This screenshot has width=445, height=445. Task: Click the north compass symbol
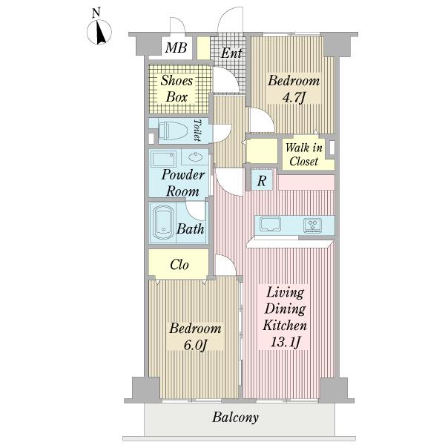coord(99,32)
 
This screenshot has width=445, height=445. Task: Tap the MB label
coord(176,47)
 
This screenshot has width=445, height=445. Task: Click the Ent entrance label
coord(231,53)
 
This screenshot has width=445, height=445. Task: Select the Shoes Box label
coord(177,89)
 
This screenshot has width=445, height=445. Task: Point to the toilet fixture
coord(173,131)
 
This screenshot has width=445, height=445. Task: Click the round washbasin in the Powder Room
coord(195,156)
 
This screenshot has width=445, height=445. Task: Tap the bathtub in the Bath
coord(163,222)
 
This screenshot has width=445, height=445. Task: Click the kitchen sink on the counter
coord(270,224)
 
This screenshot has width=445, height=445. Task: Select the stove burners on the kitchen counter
coord(312,225)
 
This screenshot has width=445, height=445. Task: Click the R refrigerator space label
coord(262,180)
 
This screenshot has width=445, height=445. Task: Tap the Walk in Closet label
coord(303,155)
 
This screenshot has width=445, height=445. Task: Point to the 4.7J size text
coord(294,98)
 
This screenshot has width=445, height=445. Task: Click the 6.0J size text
coord(195,345)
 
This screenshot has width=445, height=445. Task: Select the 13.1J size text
coord(286,342)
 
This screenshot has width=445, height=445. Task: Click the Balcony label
coord(235,417)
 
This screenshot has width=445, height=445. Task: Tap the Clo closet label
coord(179,265)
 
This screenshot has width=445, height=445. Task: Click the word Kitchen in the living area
coord(285,326)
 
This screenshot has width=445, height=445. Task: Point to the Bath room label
coord(190,228)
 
